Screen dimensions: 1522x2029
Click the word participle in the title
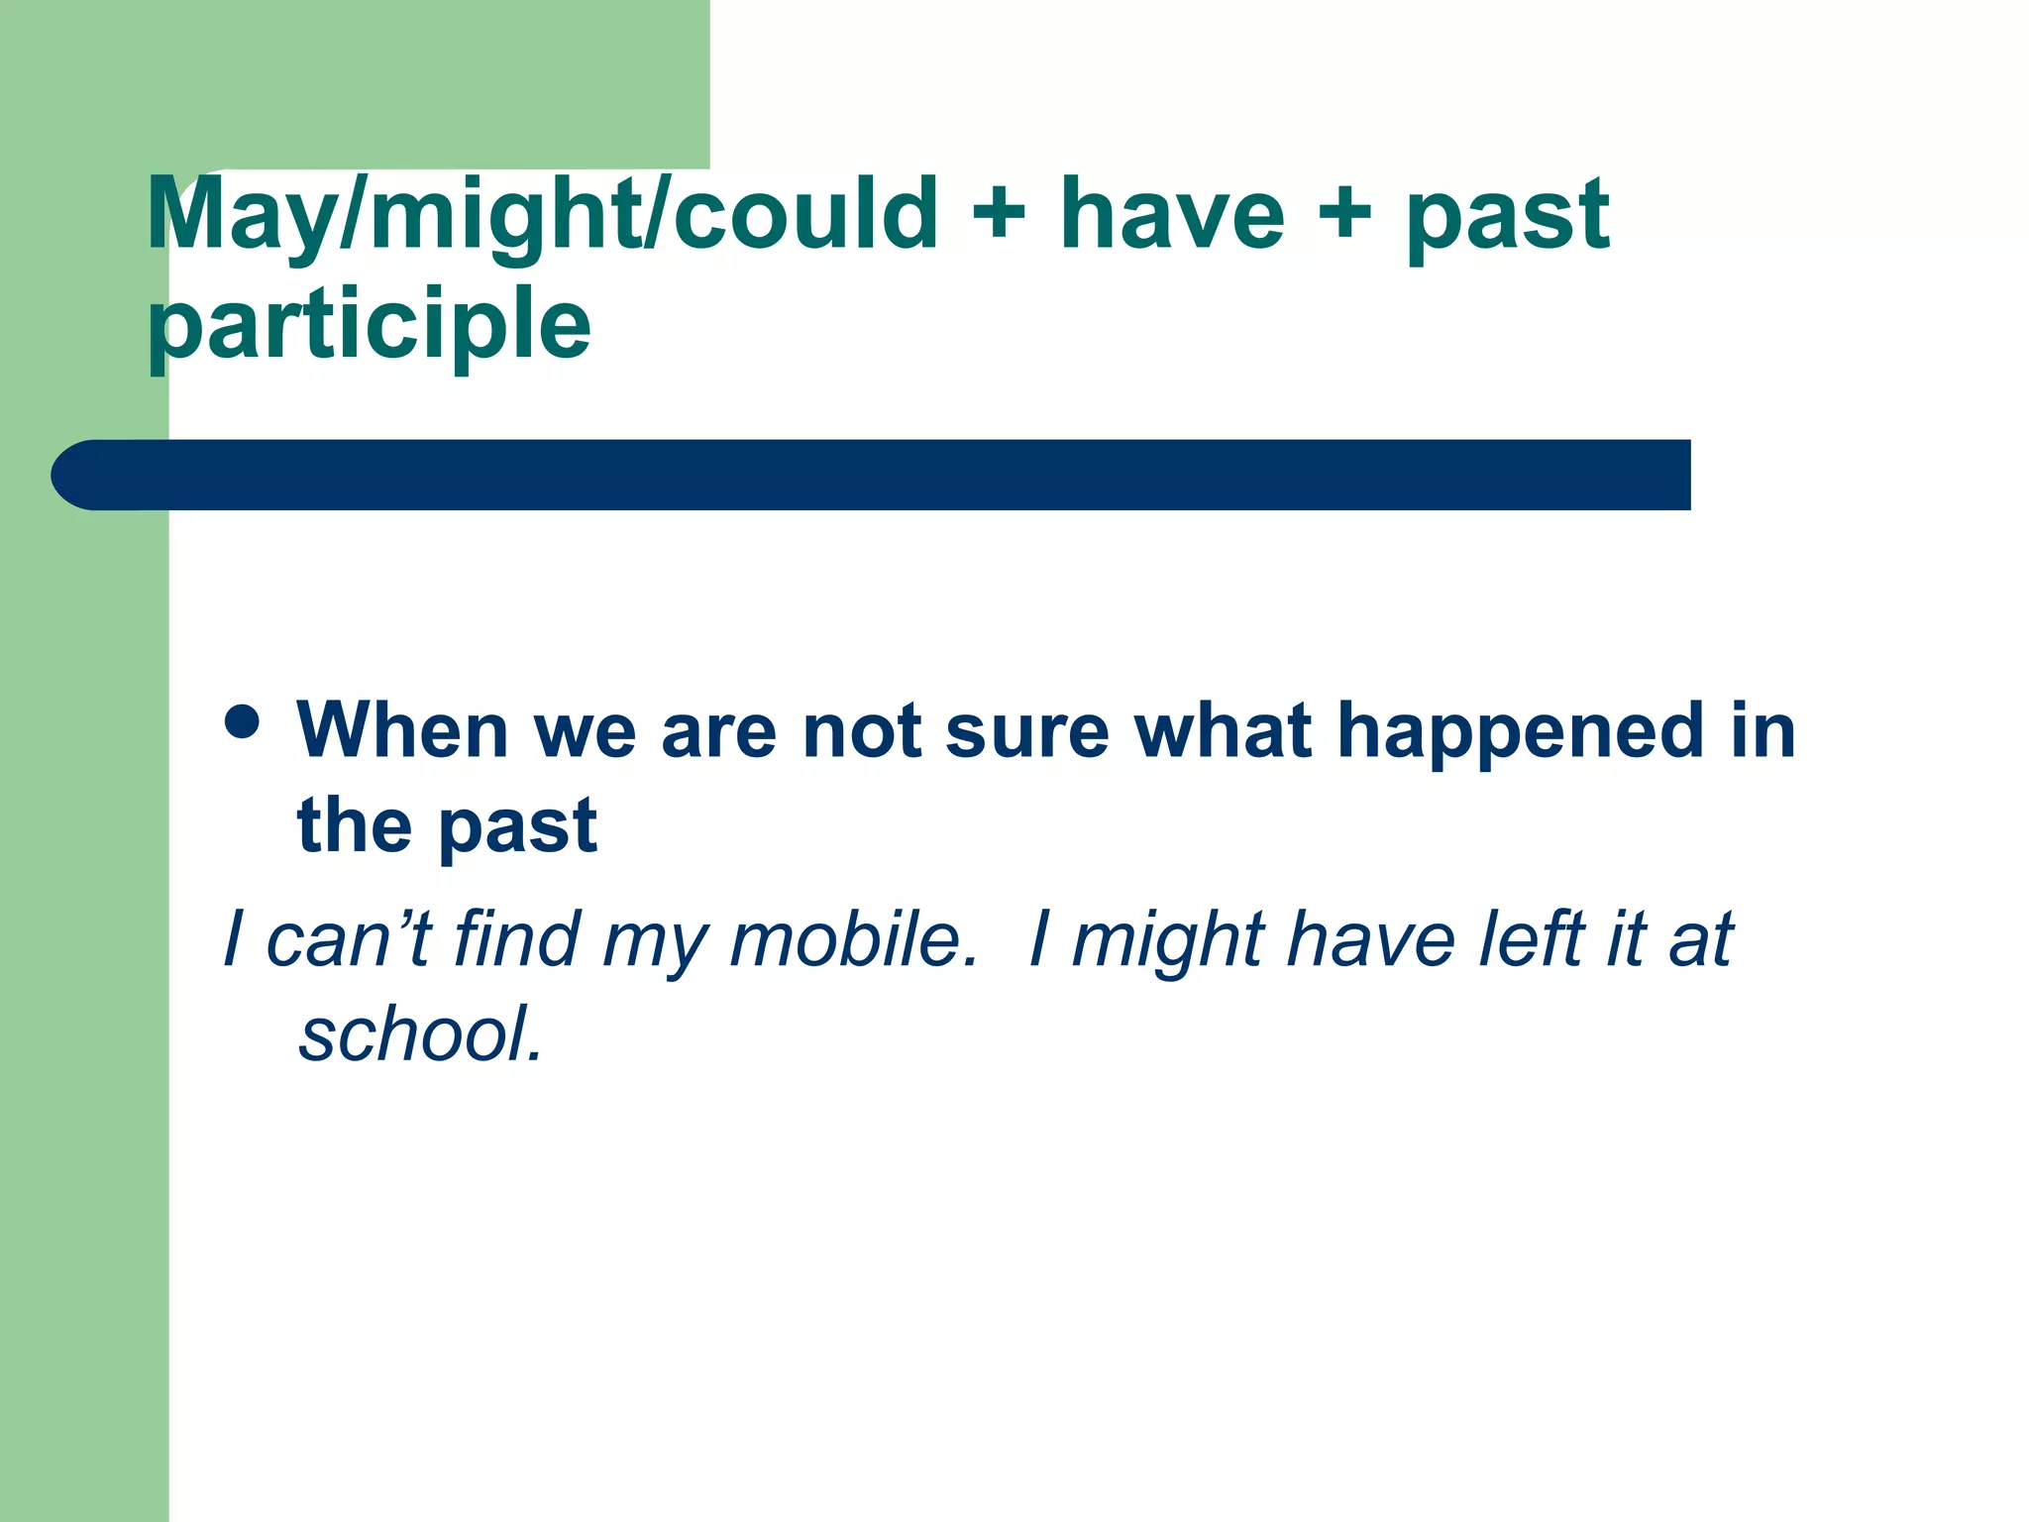(369, 325)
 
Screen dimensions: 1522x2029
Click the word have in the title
(1171, 214)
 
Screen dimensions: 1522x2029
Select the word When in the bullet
(402, 731)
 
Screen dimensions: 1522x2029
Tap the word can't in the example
(348, 939)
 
